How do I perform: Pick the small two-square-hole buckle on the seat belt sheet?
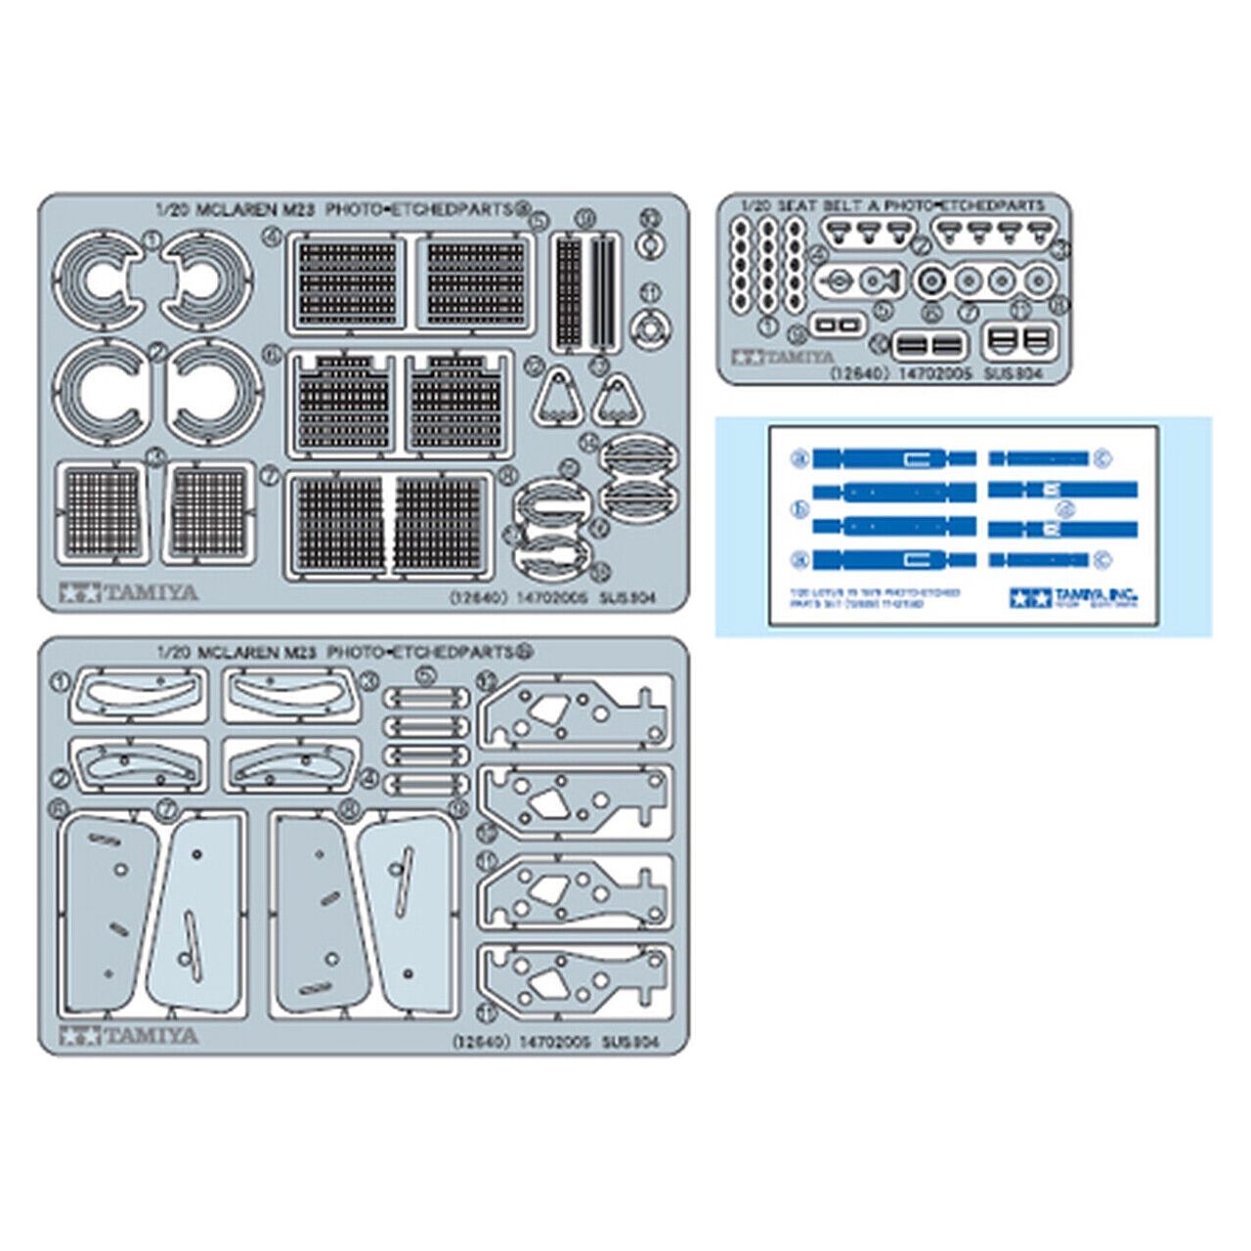(840, 323)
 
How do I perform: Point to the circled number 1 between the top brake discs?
(151, 237)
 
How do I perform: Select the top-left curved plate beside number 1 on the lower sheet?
(138, 696)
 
